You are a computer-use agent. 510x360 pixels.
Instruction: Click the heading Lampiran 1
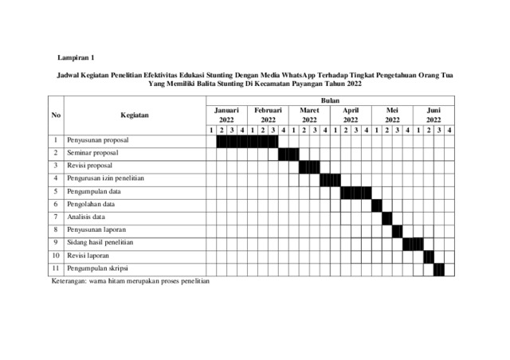tap(76, 58)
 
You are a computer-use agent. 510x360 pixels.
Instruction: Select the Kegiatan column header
tap(135, 115)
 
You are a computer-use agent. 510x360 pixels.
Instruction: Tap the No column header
tap(56, 115)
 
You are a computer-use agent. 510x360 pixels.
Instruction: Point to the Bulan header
tap(330, 101)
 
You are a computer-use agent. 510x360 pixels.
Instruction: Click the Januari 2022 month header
tap(226, 115)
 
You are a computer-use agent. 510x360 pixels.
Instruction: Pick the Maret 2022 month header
tap(309, 115)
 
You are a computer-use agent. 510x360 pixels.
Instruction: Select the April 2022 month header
tap(351, 115)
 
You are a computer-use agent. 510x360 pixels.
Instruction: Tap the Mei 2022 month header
tap(392, 115)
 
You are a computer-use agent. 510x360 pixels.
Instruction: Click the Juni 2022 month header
tap(433, 115)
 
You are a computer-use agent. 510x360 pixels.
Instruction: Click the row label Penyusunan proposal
tap(99, 141)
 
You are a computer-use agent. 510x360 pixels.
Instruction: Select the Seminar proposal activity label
tap(92, 153)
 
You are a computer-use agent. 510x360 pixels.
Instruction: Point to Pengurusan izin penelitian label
tap(105, 178)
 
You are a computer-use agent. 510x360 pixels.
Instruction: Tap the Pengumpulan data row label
tap(94, 191)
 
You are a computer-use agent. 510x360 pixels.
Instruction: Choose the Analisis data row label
tap(86, 217)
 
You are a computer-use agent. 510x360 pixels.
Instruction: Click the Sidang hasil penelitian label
tap(100, 241)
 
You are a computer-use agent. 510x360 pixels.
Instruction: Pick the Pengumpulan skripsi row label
tap(97, 267)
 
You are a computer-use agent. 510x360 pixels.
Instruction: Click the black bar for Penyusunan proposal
tap(247, 141)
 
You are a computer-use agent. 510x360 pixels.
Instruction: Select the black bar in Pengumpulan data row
tap(355, 191)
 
